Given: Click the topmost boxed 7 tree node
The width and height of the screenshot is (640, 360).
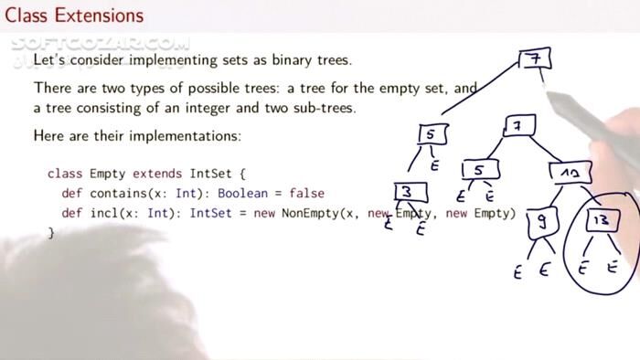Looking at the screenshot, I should click(x=533, y=59).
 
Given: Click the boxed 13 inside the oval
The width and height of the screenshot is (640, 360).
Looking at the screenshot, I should click(x=603, y=222).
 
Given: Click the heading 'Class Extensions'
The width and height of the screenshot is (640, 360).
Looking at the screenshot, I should click(x=74, y=16).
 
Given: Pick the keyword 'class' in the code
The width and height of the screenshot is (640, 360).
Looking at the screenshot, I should click(x=65, y=174).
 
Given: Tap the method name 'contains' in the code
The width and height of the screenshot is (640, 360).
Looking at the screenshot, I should click(x=118, y=194).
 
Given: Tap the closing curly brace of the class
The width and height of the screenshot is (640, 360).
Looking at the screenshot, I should click(x=51, y=234).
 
